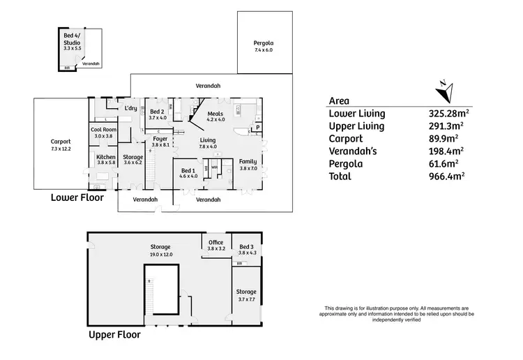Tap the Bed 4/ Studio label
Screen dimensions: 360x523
[72, 39]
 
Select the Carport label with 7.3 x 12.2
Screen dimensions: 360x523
[61, 142]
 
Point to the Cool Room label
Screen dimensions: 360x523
[103, 130]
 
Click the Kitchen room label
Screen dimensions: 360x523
[105, 157]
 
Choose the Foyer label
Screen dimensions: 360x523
[160, 139]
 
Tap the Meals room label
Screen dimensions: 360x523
[215, 113]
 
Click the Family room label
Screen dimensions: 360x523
[248, 161]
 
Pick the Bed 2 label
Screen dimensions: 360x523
[157, 112]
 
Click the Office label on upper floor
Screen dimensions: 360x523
[215, 242]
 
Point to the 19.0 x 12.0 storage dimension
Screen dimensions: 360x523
[161, 255]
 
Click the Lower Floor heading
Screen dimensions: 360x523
[77, 197]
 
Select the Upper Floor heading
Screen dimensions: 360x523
[114, 334]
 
